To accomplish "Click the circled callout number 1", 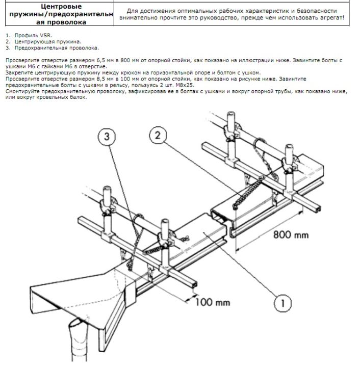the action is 282,303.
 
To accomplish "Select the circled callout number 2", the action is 158,135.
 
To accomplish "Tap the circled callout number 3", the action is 107,137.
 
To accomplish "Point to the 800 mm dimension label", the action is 291,234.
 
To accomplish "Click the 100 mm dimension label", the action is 213,302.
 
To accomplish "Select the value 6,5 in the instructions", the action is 101,60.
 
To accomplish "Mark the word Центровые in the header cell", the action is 61,6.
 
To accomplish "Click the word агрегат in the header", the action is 332,18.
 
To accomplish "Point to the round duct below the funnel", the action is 79,341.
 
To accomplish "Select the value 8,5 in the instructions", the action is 101,79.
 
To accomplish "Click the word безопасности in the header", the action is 319,11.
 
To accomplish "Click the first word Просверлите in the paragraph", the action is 20,60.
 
